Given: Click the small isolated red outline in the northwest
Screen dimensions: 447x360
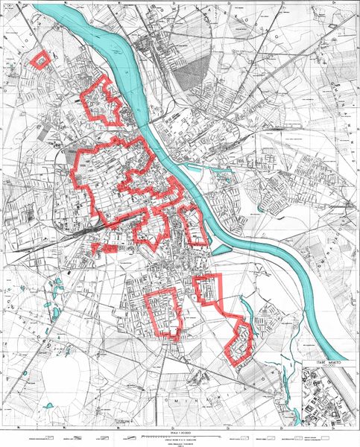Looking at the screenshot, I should pos(40,59).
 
